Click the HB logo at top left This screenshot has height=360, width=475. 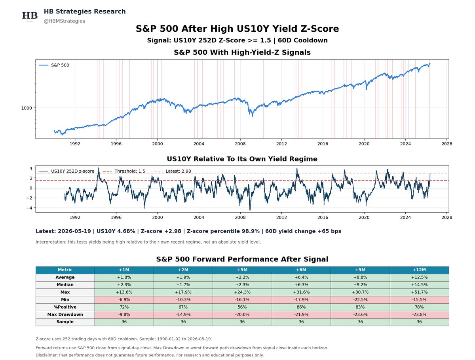(x=30, y=16)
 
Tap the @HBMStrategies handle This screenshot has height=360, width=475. (x=64, y=21)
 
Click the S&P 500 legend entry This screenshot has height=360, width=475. (x=54, y=65)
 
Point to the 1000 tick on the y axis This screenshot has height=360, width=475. (x=27, y=108)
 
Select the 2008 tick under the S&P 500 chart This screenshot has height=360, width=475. (x=240, y=144)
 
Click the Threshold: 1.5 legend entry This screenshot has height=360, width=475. (x=124, y=171)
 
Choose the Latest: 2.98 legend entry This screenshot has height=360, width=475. (x=173, y=171)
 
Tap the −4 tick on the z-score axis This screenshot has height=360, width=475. (x=29, y=208)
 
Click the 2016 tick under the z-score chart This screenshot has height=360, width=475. (x=323, y=217)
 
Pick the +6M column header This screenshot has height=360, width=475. (x=301, y=270)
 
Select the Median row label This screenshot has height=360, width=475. (x=65, y=285)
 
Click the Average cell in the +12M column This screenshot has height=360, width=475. (x=419, y=277)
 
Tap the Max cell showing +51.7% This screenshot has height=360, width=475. (x=419, y=292)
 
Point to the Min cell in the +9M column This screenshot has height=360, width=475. (x=360, y=299)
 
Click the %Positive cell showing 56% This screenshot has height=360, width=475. (x=242, y=307)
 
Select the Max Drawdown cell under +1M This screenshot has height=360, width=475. (x=124, y=314)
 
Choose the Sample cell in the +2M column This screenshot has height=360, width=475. (x=183, y=322)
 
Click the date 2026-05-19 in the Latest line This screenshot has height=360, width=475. (x=74, y=231)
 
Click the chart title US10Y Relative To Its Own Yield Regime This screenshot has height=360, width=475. (x=242, y=159)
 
